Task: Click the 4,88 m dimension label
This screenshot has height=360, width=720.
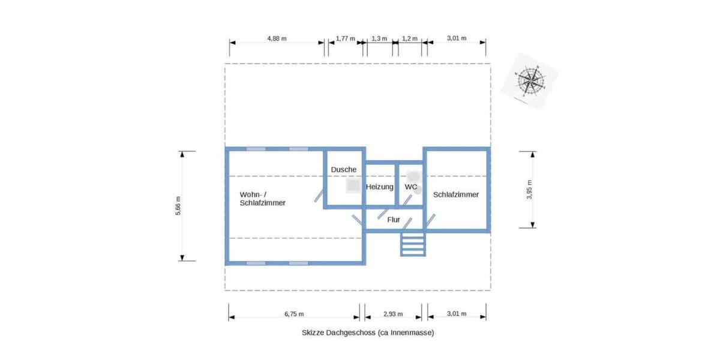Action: tap(277, 38)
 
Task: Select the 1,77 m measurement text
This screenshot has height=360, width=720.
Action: tap(345, 38)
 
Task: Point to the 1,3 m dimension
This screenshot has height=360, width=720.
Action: tap(379, 38)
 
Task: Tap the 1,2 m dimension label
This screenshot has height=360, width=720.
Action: tap(409, 38)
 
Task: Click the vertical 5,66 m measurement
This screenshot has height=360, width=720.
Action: tap(178, 206)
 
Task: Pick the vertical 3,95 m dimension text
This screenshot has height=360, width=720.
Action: tap(529, 189)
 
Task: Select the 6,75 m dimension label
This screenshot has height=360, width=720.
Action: tap(293, 314)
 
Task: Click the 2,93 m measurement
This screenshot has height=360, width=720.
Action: tap(393, 314)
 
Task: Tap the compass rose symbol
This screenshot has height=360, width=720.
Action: tap(530, 80)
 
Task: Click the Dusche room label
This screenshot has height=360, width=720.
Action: tap(344, 170)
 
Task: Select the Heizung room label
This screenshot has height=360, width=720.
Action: tap(380, 187)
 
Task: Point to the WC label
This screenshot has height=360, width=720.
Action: tap(411, 187)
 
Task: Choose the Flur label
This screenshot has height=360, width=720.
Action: tap(394, 220)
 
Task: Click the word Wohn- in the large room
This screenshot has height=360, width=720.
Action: tap(251, 194)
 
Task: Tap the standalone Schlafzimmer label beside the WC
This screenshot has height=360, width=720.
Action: tap(456, 194)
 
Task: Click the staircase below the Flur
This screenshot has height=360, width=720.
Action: tap(413, 244)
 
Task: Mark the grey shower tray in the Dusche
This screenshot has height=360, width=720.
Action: tap(352, 187)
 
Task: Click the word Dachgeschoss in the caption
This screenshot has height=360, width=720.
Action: tap(350, 332)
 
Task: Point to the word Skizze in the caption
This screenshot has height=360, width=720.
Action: tap(313, 332)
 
